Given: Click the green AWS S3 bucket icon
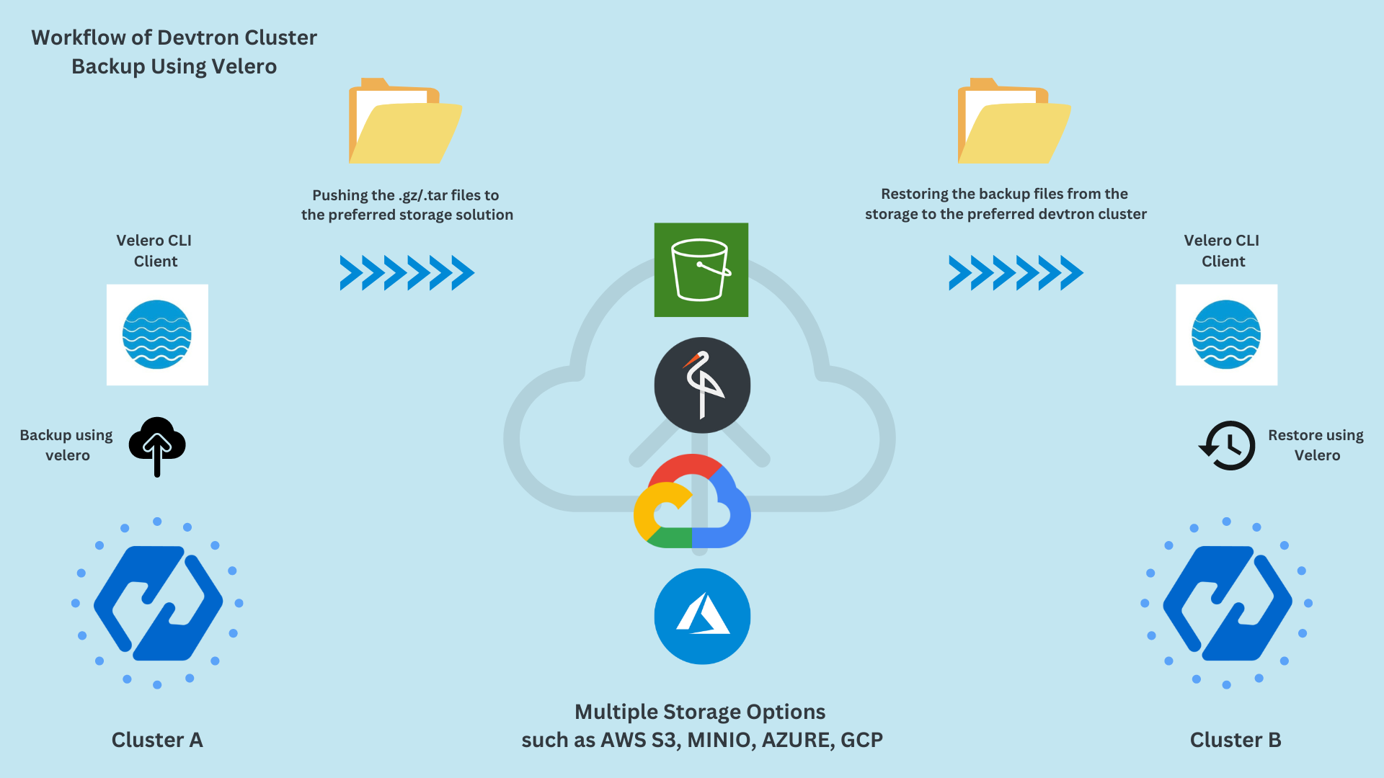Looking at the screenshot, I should [x=701, y=269].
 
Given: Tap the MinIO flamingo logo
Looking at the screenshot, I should [x=702, y=385].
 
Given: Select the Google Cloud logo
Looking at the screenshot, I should [x=692, y=501].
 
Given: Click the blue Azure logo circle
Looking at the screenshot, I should [x=702, y=616].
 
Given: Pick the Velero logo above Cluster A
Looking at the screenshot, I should [x=157, y=334].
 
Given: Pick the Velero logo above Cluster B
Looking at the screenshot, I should [x=1226, y=334].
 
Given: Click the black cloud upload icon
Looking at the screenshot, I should [x=157, y=445].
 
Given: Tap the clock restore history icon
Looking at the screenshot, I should [x=1227, y=445].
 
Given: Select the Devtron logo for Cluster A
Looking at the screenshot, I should [x=157, y=603].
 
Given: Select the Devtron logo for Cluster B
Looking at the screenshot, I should [x=1227, y=603].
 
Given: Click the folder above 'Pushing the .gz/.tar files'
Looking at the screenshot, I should [x=405, y=121].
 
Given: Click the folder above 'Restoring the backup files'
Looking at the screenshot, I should [x=1013, y=121].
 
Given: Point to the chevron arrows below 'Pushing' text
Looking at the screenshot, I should [x=407, y=273].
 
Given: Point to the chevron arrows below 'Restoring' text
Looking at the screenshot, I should [x=1016, y=273].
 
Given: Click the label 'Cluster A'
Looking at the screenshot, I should [x=157, y=740].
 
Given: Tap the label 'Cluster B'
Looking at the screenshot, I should [x=1235, y=740].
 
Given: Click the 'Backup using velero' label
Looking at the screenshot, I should [x=66, y=444].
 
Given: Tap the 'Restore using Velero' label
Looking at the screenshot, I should [x=1316, y=444].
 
